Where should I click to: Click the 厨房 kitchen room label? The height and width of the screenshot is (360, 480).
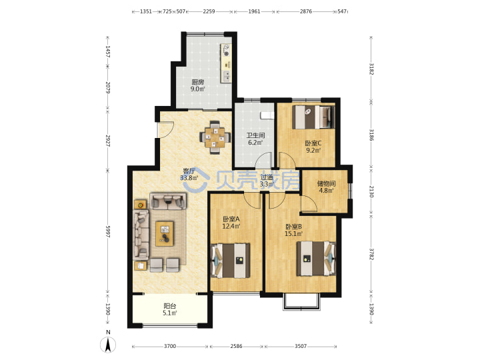coord(198,82)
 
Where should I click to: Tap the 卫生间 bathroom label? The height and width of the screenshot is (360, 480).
coord(255,135)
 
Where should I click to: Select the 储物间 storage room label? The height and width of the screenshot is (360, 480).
coord(326,184)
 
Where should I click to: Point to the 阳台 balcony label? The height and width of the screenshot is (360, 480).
coord(170,306)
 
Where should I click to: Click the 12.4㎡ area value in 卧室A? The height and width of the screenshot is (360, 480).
coord(231,227)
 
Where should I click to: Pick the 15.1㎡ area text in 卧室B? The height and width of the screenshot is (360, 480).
coord(294,234)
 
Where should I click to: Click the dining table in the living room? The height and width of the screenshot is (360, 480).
coord(215,137)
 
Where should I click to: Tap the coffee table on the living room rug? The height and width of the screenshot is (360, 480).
coord(165,234)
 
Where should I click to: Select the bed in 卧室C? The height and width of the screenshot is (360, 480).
coord(313,117)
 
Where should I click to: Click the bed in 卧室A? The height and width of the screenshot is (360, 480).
coord(231,261)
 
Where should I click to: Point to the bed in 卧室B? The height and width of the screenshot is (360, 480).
coord(316,259)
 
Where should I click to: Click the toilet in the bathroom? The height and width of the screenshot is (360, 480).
coord(267,115)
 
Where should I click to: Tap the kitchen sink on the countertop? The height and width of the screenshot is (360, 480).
coord(226,75)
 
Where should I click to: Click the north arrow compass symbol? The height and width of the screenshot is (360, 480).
coord(108,345)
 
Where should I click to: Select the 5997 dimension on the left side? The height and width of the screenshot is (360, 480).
coord(108,232)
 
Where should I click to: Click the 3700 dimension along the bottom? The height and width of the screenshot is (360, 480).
coord(170,346)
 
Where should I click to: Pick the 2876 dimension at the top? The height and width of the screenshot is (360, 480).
coord(306,11)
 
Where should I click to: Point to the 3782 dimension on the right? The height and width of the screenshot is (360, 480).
coord(371,254)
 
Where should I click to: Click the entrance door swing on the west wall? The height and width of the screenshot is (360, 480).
coord(165,129)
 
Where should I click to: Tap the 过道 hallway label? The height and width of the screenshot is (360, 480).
coord(267,177)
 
